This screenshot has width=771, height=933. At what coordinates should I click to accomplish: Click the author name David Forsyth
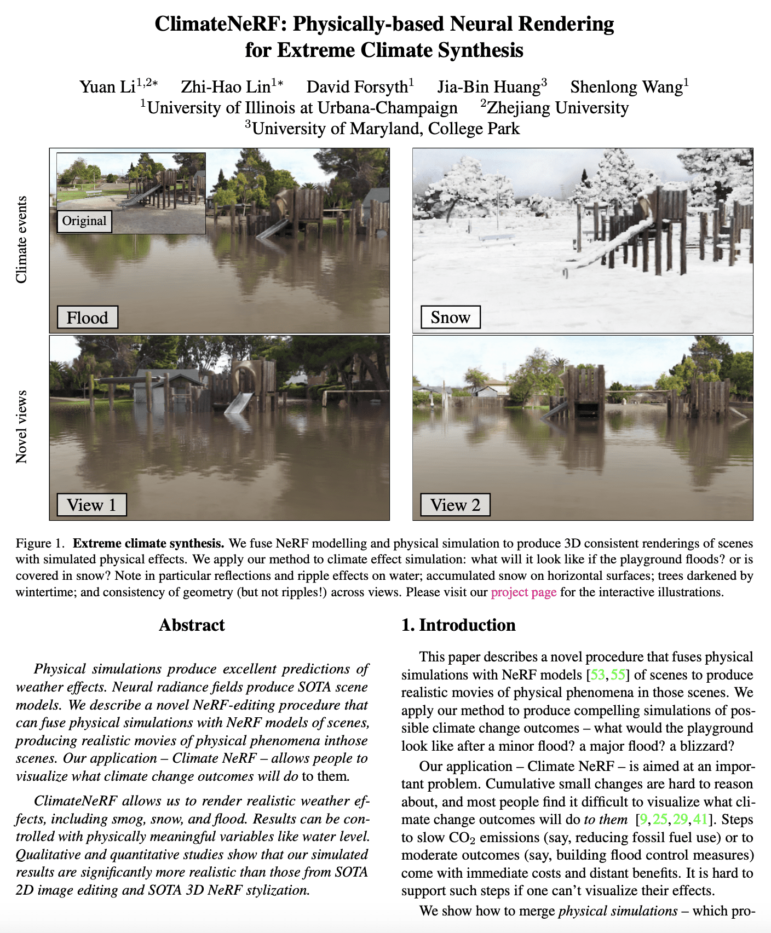[x=357, y=87]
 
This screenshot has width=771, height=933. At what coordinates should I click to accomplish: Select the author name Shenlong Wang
[x=626, y=87]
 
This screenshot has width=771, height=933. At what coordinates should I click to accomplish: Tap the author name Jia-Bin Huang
[x=488, y=87]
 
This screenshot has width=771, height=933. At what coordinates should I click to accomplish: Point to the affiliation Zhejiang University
[x=557, y=108]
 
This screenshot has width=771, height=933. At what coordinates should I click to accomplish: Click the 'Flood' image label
[x=88, y=318]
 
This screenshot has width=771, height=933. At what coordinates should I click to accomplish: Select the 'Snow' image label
[x=450, y=318]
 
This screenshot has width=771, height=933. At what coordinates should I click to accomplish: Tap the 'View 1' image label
[x=91, y=505]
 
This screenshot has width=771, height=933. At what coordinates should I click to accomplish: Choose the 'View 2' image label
[x=455, y=505]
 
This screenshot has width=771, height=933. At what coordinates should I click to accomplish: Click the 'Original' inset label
[x=84, y=221]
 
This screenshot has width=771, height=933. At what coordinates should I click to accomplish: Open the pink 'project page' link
[x=523, y=592]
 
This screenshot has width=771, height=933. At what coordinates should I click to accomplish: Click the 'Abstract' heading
[x=192, y=625]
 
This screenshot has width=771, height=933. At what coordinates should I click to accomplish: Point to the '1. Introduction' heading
[x=458, y=625]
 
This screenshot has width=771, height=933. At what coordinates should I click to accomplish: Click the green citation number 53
[x=598, y=675]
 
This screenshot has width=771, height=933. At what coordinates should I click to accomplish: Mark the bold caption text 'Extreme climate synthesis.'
[x=148, y=544]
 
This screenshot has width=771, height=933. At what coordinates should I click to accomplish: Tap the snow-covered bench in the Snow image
[x=497, y=238]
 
